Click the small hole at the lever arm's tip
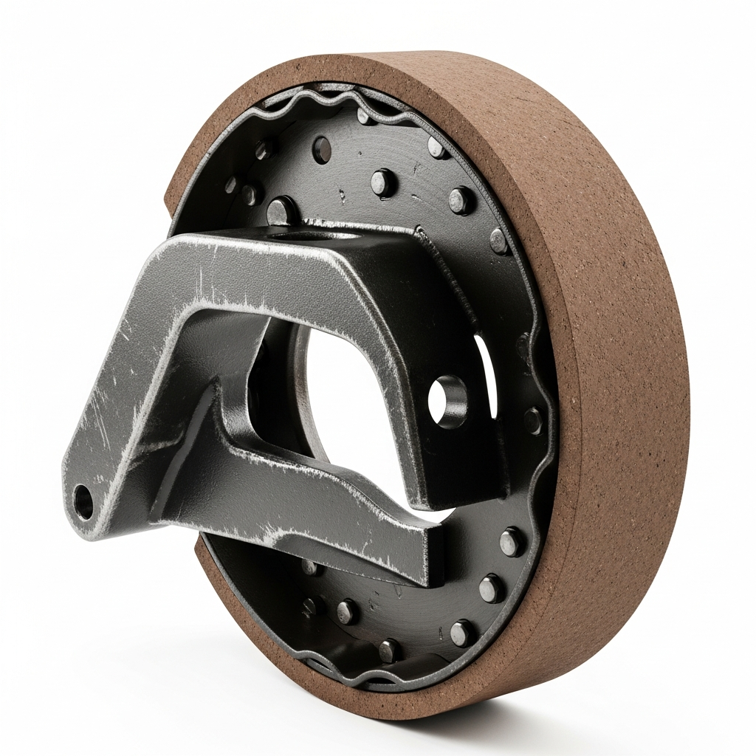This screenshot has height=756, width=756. pyautogui.click(x=83, y=502)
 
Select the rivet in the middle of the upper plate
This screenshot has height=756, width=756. pyautogui.click(x=383, y=181)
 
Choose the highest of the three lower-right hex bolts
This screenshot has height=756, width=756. pyautogui.click(x=511, y=541)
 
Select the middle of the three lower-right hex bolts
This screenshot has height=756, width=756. pyautogui.click(x=492, y=588)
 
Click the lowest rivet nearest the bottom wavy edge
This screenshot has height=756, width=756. pyautogui.click(x=389, y=650)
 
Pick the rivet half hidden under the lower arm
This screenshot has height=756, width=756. pyautogui.click(x=311, y=567)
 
